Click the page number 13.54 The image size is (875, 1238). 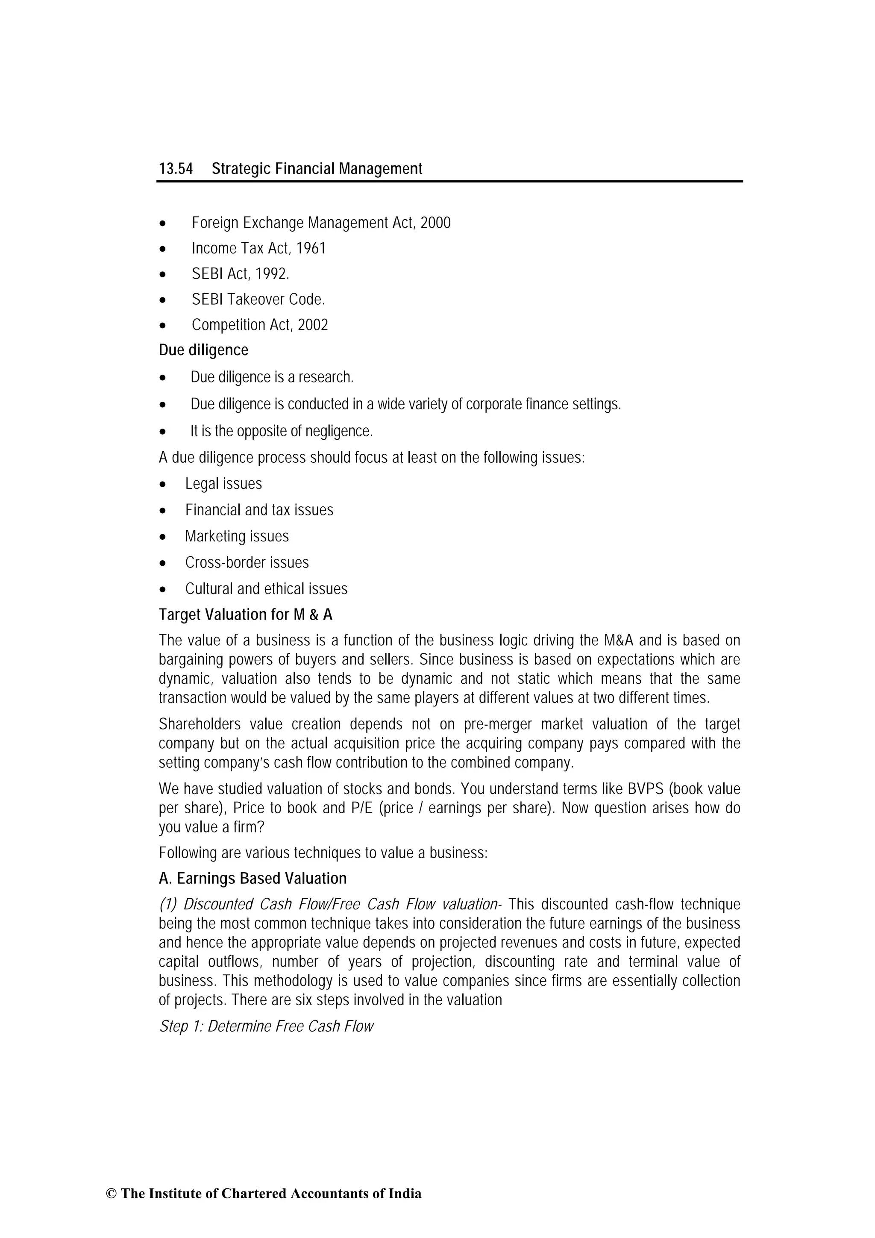pos(175,169)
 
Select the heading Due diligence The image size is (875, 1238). pos(203,350)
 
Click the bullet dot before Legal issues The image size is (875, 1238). pos(163,485)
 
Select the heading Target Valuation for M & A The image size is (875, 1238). pos(245,615)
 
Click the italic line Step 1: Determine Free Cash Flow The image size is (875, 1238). pos(266,1026)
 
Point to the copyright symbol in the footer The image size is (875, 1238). pos(111,1209)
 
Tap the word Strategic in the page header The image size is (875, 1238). pos(241,169)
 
